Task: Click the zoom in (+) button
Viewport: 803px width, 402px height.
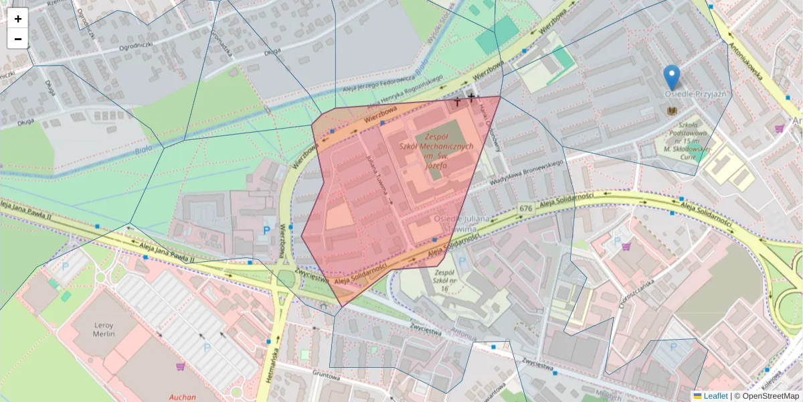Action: [18, 19]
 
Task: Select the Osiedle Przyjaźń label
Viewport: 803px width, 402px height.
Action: [695, 94]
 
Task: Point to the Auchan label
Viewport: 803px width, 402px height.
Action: [183, 396]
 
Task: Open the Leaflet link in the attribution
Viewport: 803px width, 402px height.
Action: [715, 396]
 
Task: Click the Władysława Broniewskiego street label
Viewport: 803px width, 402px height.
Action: [526, 170]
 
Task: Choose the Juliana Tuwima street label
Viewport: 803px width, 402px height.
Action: [379, 178]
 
